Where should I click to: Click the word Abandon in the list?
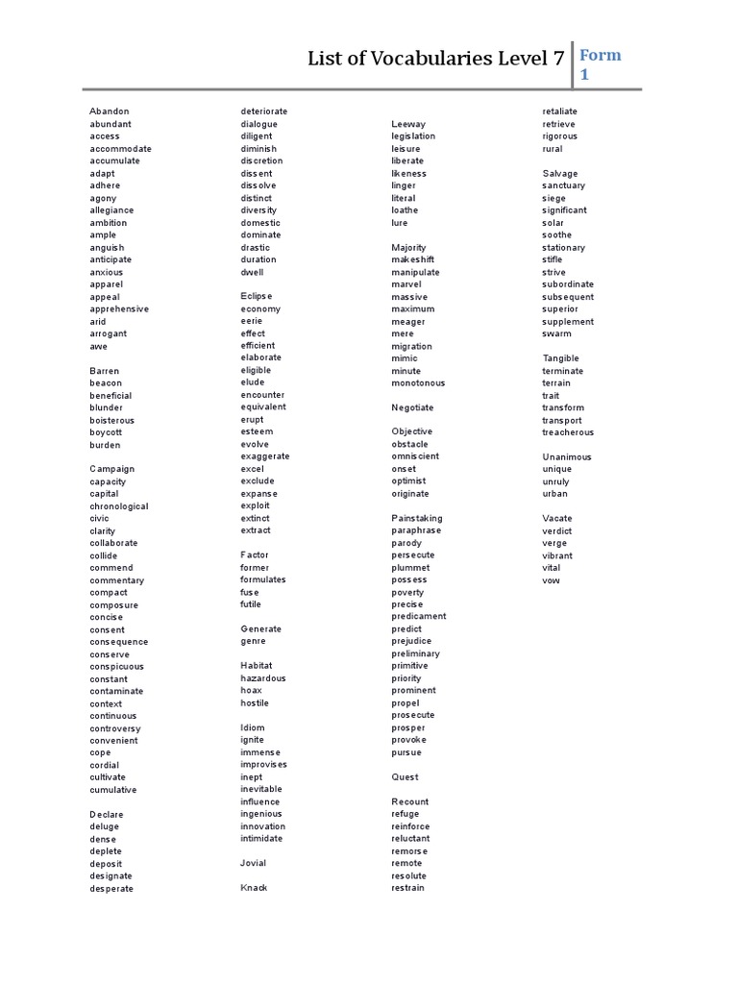tap(110, 111)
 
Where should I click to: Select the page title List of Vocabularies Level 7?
tap(435, 60)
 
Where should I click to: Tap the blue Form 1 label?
tap(600, 63)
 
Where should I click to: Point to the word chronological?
tap(119, 506)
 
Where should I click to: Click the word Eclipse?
tap(257, 296)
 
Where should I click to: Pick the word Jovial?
tap(254, 863)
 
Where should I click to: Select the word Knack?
tap(254, 888)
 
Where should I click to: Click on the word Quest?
tap(405, 776)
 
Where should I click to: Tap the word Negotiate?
tap(412, 407)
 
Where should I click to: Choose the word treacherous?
tap(568, 432)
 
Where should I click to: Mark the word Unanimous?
tap(567, 457)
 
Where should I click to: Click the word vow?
tap(551, 580)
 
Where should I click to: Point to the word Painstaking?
tap(417, 519)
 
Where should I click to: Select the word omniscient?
tap(415, 456)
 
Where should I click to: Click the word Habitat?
tap(257, 666)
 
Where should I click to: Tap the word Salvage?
tap(560, 174)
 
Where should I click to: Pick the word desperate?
tap(112, 889)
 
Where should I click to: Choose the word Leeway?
tap(408, 124)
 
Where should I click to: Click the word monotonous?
tap(418, 383)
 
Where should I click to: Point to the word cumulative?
tap(113, 790)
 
